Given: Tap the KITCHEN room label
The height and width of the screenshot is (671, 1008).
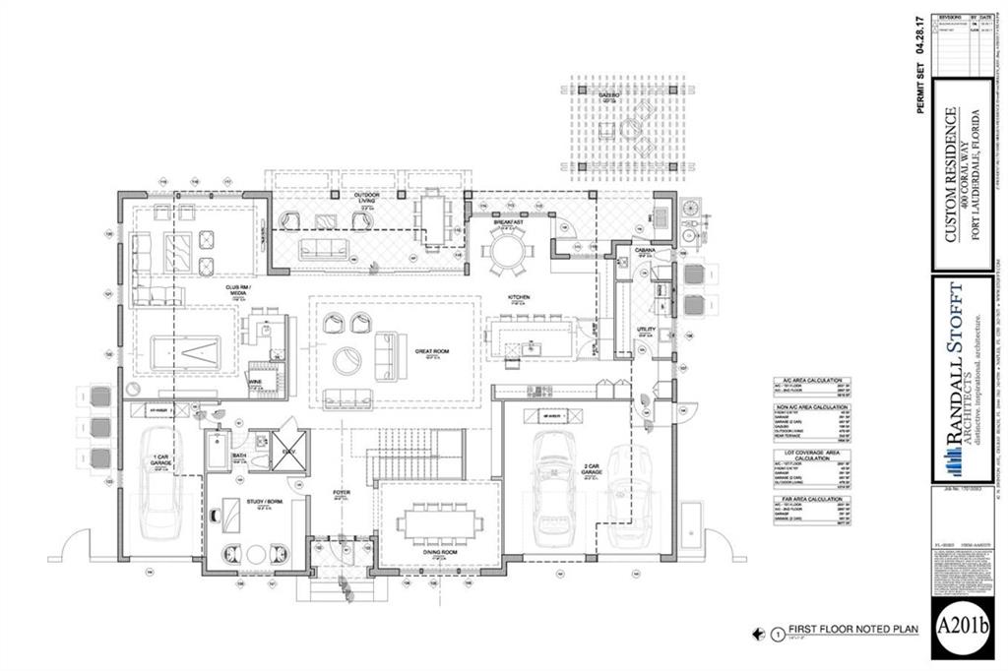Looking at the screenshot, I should click(520, 295).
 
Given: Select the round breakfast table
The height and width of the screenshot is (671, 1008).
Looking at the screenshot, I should click(507, 252).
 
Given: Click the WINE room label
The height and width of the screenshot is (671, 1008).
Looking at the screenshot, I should click(254, 380).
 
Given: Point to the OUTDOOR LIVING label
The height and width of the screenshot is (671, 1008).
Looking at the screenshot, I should click(366, 198).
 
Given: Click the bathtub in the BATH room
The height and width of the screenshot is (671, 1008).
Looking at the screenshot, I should click(219, 453).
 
